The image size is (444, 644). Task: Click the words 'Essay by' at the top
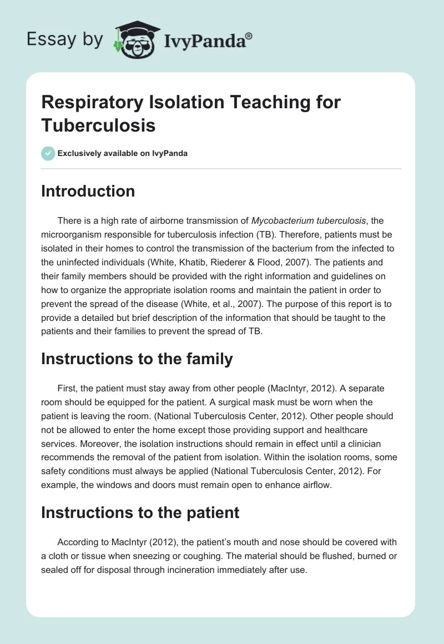click(64, 39)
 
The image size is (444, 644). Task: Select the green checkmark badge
click(48, 153)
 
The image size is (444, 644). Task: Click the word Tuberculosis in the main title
click(98, 125)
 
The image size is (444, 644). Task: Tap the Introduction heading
click(88, 191)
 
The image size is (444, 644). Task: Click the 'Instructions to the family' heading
click(137, 359)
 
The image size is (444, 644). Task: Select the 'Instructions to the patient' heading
click(140, 512)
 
